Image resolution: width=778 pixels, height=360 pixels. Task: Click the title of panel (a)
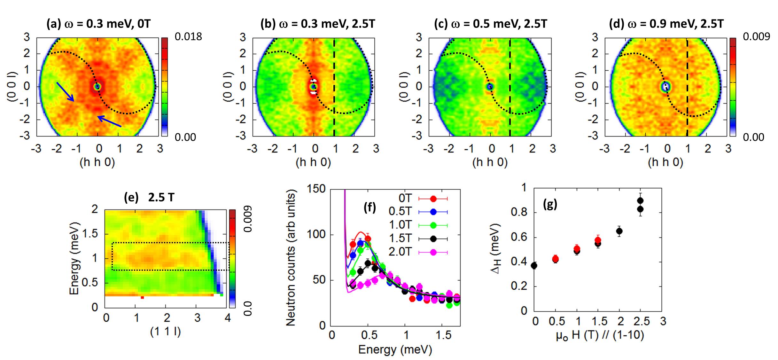pos(98,24)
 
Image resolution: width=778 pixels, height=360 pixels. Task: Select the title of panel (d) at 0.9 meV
pos(666,24)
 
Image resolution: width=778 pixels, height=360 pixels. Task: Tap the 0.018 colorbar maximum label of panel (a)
pos(188,37)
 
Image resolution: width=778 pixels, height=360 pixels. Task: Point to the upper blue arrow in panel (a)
pos(65,91)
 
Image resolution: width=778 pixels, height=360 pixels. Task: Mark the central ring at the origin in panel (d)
pos(666,86)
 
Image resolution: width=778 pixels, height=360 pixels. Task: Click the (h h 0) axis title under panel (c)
pos(490,162)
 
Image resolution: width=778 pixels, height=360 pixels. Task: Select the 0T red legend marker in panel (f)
pos(433,199)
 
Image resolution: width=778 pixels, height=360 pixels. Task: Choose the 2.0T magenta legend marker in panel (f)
pos(433,252)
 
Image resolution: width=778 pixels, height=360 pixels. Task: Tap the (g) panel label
pos(550,204)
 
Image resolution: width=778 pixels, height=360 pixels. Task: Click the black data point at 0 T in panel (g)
pos(534,265)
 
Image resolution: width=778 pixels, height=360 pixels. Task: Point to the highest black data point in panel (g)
pos(640,200)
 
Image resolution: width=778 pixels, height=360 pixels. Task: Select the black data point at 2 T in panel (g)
pos(619,231)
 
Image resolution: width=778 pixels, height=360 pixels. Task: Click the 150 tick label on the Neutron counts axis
pos(316,189)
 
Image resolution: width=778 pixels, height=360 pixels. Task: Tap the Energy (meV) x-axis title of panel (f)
pos(395,349)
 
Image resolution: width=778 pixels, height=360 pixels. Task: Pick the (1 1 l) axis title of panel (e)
pos(165,332)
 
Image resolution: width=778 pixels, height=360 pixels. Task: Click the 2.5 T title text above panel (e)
pos(161,198)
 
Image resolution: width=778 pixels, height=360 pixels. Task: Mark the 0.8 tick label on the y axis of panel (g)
pos(518,212)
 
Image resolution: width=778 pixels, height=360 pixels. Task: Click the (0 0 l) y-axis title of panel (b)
pos(228,87)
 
